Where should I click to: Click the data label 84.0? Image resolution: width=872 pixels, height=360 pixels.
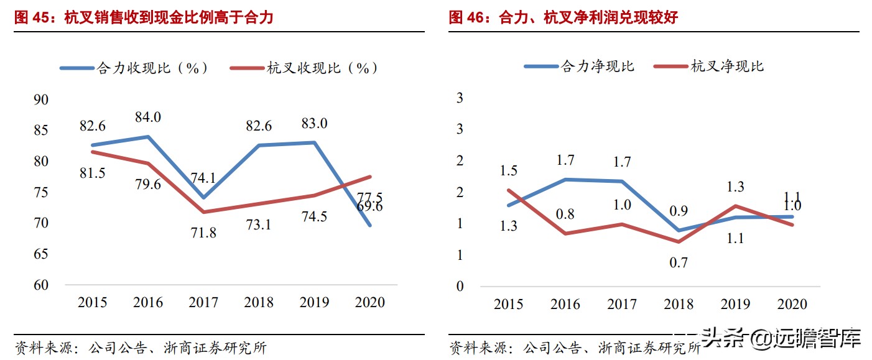[148, 117]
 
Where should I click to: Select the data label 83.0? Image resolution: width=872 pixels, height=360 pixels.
[314, 123]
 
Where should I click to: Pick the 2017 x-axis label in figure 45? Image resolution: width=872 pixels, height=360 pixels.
[204, 303]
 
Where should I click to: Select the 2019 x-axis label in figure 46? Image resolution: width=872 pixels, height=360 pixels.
[736, 304]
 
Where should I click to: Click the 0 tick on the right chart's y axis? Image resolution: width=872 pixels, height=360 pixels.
[460, 287]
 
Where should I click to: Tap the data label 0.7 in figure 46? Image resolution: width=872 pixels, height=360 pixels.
[678, 262]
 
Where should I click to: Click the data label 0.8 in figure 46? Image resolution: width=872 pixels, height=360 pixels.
[565, 215]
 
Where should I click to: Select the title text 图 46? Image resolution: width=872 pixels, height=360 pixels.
[470, 18]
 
